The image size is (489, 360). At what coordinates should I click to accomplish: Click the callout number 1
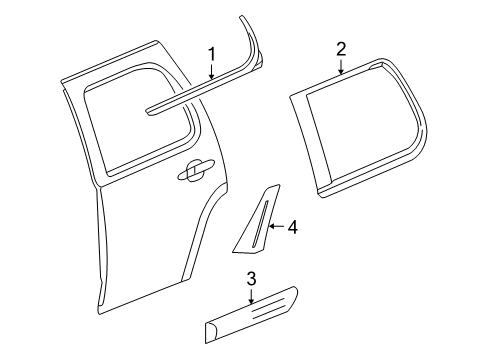(211, 54)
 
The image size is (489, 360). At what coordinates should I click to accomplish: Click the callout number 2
(341, 49)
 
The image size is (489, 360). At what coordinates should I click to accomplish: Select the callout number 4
(293, 228)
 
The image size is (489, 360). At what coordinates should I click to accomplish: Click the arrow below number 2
(341, 68)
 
